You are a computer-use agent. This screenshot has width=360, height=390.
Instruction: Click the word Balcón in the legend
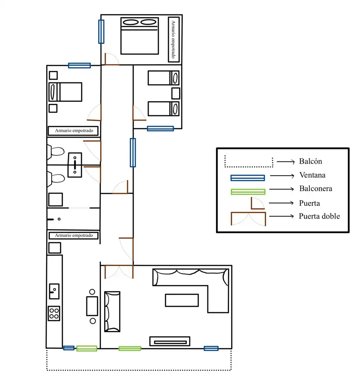click(310, 161)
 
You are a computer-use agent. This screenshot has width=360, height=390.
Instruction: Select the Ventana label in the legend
click(312, 175)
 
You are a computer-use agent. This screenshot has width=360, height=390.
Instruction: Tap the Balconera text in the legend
click(316, 188)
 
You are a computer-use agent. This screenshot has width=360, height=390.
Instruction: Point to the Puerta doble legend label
click(319, 216)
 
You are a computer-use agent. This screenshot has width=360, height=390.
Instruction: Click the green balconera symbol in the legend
click(248, 192)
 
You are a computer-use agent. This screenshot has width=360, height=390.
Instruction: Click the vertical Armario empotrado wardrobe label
click(174, 39)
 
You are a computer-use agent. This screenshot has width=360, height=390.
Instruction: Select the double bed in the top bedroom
click(140, 36)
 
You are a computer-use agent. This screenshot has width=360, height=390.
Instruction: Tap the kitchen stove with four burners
click(54, 313)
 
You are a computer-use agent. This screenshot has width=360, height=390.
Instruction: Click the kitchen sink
click(54, 291)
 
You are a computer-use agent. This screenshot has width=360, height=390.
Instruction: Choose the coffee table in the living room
click(182, 300)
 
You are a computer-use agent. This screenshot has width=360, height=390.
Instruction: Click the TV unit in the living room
click(170, 341)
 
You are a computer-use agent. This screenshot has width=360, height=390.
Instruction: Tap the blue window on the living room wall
click(211, 348)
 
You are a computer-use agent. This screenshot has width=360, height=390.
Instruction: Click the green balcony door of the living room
click(130, 349)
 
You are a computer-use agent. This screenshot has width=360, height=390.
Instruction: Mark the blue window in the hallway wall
click(133, 152)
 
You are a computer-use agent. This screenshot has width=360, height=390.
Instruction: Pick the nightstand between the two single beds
click(176, 93)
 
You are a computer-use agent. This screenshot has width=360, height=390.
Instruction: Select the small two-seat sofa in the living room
click(112, 312)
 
